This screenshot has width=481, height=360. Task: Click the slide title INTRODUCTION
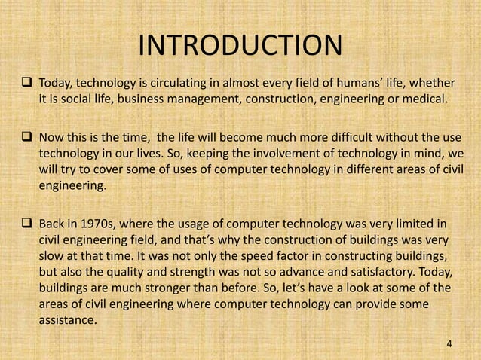point(240,45)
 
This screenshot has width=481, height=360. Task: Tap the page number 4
point(450,344)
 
